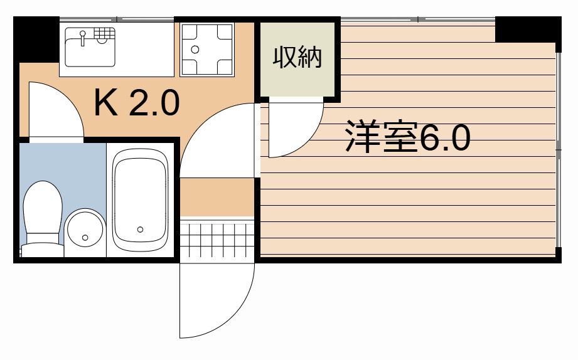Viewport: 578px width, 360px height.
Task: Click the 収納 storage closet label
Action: pyautogui.click(x=297, y=57)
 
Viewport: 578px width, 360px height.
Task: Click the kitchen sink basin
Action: pyautogui.click(x=90, y=47)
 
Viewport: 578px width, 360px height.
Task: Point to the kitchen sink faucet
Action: pyautogui.click(x=83, y=37)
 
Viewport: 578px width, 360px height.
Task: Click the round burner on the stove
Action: pyautogui.click(x=195, y=50)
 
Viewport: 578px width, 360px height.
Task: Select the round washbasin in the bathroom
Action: pyautogui.click(x=85, y=228)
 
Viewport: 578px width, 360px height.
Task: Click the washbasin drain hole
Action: pyautogui.click(x=85, y=238)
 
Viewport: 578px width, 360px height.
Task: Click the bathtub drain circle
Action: pyautogui.click(x=140, y=230)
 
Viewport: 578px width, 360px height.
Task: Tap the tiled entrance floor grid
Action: pyautogui.click(x=217, y=240)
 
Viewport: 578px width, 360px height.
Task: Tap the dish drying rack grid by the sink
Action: pyautogui.click(x=104, y=33)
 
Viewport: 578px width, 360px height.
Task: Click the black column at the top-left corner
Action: pyautogui.click(x=36, y=40)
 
